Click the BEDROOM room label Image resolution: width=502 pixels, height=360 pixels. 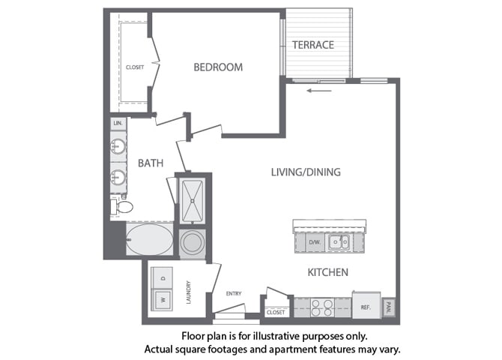click(x=218, y=67)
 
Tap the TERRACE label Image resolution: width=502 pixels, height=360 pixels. click(x=312, y=45)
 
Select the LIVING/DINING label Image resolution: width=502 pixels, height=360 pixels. click(x=306, y=172)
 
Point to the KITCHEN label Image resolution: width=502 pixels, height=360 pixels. click(x=327, y=272)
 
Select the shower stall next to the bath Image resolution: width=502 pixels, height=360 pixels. click(x=193, y=199)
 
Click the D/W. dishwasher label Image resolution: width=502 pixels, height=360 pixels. click(x=314, y=243)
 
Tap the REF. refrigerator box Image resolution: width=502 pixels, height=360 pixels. click(x=366, y=307)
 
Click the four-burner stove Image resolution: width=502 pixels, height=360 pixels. click(x=322, y=307)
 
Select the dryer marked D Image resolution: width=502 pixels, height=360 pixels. click(x=162, y=278)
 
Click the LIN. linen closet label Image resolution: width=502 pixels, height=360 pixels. click(x=118, y=123)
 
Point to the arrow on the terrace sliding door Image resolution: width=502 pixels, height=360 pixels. click(x=318, y=93)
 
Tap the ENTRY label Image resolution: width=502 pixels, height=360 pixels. click(x=232, y=293)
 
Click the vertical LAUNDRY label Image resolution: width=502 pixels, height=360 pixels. click(x=189, y=293)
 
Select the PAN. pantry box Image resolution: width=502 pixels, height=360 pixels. click(x=388, y=307)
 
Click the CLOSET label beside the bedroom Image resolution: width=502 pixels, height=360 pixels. click(x=135, y=67)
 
